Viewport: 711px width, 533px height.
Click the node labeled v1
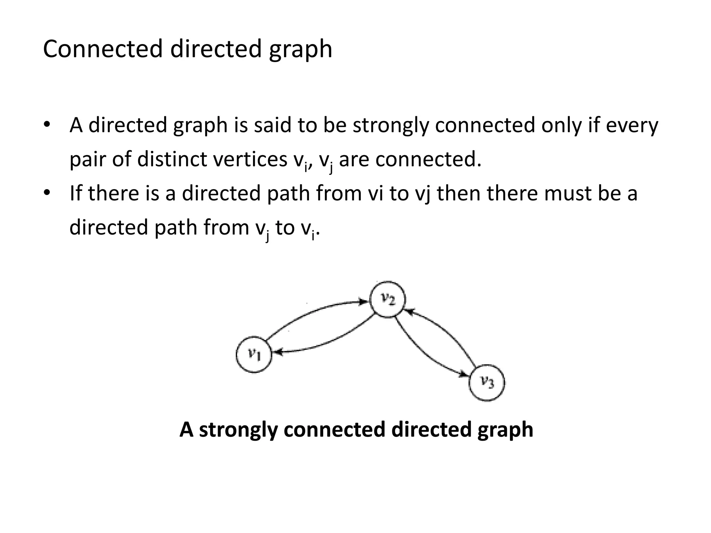click(x=254, y=354)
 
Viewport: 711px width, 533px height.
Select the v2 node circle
click(x=387, y=299)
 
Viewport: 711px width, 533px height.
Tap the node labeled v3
click(x=487, y=383)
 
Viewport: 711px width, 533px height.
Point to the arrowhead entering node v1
click(x=277, y=353)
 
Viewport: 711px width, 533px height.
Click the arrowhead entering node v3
click(x=464, y=375)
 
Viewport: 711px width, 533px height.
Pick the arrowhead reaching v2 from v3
click(x=409, y=312)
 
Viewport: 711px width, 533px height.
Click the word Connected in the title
click(x=103, y=49)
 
